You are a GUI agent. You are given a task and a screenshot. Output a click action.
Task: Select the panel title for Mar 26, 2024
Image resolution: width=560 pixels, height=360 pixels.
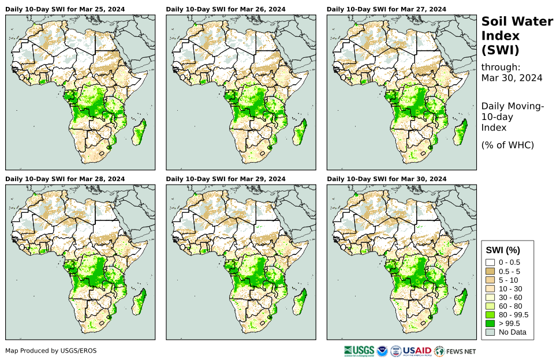(x=226, y=9)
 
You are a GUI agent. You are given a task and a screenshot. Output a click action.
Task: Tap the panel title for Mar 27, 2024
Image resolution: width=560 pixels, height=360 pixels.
(x=386, y=9)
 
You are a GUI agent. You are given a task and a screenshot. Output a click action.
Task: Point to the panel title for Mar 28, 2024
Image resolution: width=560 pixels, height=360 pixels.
(x=65, y=179)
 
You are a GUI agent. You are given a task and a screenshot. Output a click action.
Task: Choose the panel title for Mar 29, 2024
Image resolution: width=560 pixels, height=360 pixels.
(x=226, y=179)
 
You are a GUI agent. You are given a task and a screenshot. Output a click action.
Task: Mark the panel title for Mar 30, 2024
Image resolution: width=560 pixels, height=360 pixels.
(x=386, y=179)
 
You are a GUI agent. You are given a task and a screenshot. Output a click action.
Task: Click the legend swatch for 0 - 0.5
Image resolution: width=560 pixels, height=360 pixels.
(x=490, y=262)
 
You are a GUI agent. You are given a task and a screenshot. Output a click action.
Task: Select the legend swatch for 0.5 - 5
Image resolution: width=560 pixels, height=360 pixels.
(x=490, y=271)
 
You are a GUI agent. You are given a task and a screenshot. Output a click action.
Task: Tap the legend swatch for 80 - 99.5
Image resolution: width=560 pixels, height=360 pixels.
(x=490, y=314)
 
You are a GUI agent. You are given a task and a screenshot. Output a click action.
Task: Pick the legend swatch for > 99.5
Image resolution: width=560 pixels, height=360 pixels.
(x=490, y=323)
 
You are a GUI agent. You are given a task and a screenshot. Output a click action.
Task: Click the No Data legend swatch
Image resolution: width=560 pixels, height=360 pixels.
(x=490, y=332)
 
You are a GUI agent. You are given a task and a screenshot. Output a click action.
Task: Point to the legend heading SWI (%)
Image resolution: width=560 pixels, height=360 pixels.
(x=503, y=250)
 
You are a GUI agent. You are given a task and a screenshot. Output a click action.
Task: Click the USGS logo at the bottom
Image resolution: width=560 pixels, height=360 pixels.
(x=358, y=350)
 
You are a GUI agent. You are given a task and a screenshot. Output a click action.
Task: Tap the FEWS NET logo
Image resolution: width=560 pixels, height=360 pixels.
(x=456, y=350)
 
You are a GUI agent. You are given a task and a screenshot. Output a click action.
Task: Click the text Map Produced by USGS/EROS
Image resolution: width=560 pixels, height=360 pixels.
(x=51, y=351)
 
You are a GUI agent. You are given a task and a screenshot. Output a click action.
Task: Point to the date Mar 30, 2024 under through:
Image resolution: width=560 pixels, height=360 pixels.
(x=512, y=78)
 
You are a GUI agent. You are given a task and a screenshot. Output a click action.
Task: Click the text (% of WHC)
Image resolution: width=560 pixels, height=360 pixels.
(x=507, y=145)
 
